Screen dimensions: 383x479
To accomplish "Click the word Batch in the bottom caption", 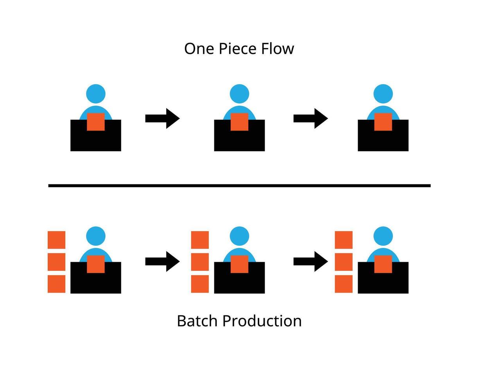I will coord(197,321).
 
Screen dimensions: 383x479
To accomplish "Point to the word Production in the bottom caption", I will coord(262,321).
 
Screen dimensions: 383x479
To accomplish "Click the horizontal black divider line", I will coord(239,186).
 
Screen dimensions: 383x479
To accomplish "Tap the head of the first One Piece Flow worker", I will coord(96,94).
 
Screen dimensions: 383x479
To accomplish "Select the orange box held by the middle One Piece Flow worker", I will coord(239,122).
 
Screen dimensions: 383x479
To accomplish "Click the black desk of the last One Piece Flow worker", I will coord(383,141).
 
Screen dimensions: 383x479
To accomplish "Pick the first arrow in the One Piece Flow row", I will coord(162,118).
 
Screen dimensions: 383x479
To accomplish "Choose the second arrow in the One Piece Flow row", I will coord(310,118).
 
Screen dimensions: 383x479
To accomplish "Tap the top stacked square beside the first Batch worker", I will coord(56,240).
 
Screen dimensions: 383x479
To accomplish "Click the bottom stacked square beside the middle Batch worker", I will coord(200,284).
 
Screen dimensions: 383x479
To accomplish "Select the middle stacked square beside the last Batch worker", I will coord(344,262).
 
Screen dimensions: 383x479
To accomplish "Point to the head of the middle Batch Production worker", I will coord(239,236).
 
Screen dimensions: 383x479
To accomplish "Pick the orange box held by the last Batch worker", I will coord(383,264).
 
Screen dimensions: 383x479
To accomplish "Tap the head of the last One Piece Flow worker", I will coord(383,94).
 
